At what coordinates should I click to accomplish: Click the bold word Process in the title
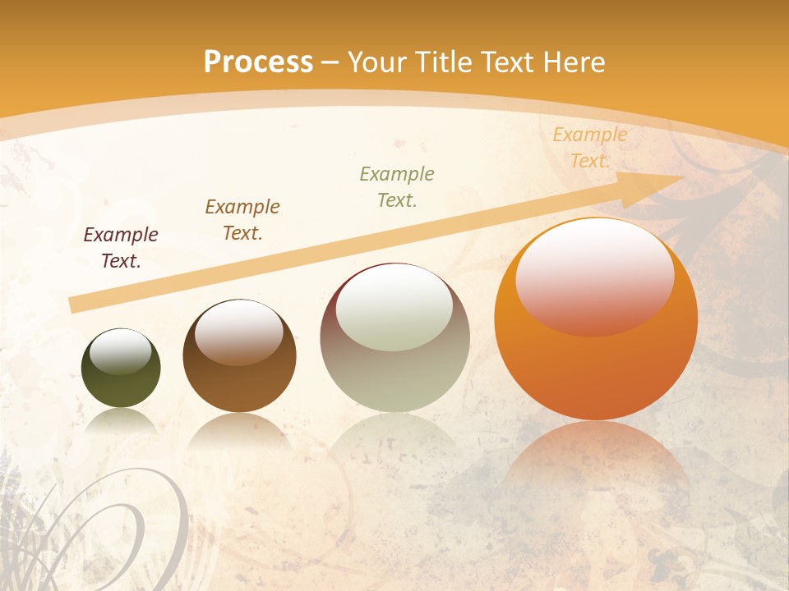258,63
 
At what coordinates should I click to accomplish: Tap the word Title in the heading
444,63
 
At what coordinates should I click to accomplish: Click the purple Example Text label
121,248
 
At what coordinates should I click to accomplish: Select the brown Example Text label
242,220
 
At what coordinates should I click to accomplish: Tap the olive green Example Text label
397,187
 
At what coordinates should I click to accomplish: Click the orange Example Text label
589,148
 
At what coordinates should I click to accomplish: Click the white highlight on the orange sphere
595,275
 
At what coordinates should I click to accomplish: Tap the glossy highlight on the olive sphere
121,351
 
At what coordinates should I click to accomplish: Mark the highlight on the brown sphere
239,332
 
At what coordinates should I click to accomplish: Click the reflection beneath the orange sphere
596,460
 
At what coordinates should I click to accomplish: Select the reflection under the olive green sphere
121,423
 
